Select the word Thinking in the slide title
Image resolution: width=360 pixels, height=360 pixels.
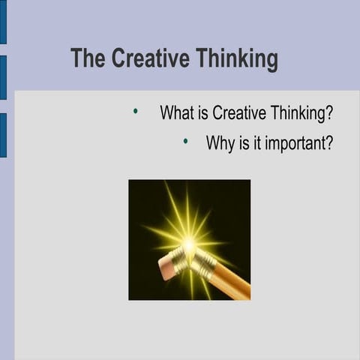click(236, 59)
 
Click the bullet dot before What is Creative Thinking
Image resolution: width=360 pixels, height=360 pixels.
click(136, 112)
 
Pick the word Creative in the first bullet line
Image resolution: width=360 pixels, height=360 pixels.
click(238, 113)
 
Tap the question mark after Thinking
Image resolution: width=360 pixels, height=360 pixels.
click(329, 113)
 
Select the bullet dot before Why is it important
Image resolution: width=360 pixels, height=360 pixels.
click(185, 140)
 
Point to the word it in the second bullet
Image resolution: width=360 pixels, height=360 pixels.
click(256, 142)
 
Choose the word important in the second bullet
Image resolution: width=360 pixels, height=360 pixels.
click(293, 143)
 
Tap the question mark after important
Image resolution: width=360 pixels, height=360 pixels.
click(328, 142)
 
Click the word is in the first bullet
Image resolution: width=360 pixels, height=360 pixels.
click(202, 113)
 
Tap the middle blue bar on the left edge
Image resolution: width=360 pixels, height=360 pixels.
click(3, 77)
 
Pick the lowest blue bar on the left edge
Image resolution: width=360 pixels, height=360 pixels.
click(3, 135)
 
